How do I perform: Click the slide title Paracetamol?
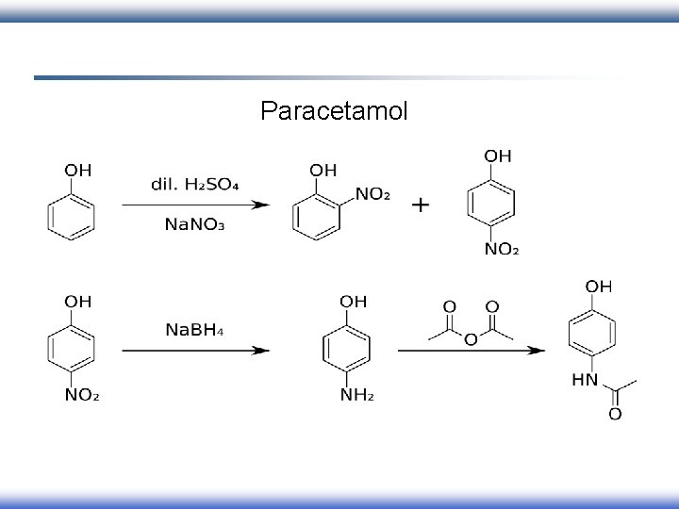[x=334, y=112]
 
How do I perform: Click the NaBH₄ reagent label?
[x=195, y=329]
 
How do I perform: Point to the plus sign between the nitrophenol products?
[x=422, y=204]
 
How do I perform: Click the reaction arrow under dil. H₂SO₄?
[x=195, y=205]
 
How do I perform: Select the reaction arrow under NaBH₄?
[x=195, y=351]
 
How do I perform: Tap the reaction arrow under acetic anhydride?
[x=471, y=351]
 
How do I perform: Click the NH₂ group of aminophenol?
[x=356, y=395]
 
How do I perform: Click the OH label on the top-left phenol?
[x=77, y=171]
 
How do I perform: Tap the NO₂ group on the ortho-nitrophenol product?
[x=373, y=194]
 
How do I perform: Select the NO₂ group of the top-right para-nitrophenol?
[x=502, y=250]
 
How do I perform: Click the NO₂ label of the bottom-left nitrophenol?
[x=82, y=395]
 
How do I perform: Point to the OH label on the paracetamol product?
[x=598, y=285]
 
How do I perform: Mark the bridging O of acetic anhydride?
[x=469, y=339]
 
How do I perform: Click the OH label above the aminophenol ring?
[x=355, y=302]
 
